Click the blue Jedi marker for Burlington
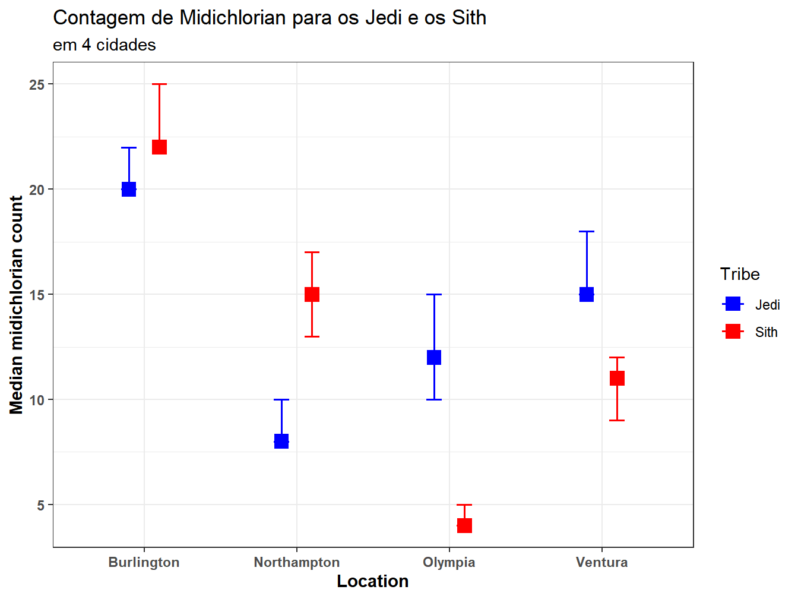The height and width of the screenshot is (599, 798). pos(129,189)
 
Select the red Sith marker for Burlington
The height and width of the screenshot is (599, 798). pos(159,147)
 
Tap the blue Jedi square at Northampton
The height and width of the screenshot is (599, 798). pos(281,442)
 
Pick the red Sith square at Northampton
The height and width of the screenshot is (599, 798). pos(312,294)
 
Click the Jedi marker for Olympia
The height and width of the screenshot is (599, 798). pos(434,357)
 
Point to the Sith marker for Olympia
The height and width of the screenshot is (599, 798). pos(464,525)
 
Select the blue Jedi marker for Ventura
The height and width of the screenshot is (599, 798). pos(587,294)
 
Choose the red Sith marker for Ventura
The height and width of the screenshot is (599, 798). pos(617,378)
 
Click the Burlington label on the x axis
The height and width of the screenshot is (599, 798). pos(144,562)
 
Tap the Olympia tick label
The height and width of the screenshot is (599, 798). pos(449,562)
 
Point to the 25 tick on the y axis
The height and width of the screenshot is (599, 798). pos(37,84)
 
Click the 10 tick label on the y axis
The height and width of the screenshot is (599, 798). pos(37,400)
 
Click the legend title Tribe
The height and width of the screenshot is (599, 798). pos(740,274)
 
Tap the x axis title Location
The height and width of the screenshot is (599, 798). pos(372,581)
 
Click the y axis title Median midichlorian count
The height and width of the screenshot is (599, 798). pos(17,305)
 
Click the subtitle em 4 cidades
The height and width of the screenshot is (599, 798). pos(104,45)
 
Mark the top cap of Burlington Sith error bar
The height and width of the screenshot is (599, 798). pos(159,84)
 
